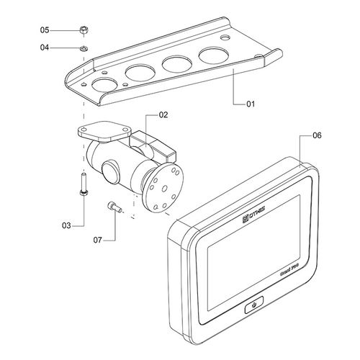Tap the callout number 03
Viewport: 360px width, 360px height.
tap(66, 226)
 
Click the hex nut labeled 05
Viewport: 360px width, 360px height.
tap(84, 30)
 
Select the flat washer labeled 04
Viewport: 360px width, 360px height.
tap(84, 48)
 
